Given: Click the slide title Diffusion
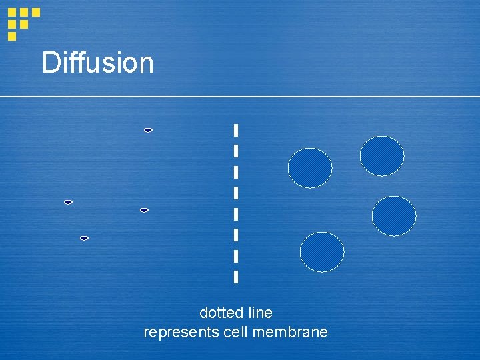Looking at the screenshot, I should click(x=97, y=63).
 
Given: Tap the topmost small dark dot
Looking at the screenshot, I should click(x=148, y=130).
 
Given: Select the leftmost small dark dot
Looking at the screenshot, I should click(x=68, y=202).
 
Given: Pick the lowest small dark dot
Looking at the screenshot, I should click(x=84, y=238).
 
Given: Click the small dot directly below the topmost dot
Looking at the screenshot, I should click(x=144, y=210).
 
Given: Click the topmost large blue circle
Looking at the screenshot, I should click(x=382, y=156).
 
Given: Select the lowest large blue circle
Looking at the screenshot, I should click(x=322, y=253).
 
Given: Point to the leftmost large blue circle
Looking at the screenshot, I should click(x=310, y=168).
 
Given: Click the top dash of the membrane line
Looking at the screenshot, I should click(x=236, y=130).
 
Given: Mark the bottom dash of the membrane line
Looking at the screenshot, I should click(x=236, y=276).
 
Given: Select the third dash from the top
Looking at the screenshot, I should click(x=236, y=172).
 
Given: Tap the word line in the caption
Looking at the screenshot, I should click(x=260, y=313).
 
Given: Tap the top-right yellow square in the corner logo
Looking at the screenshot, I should click(x=36, y=12).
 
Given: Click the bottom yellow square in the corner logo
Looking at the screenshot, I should click(x=12, y=36).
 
